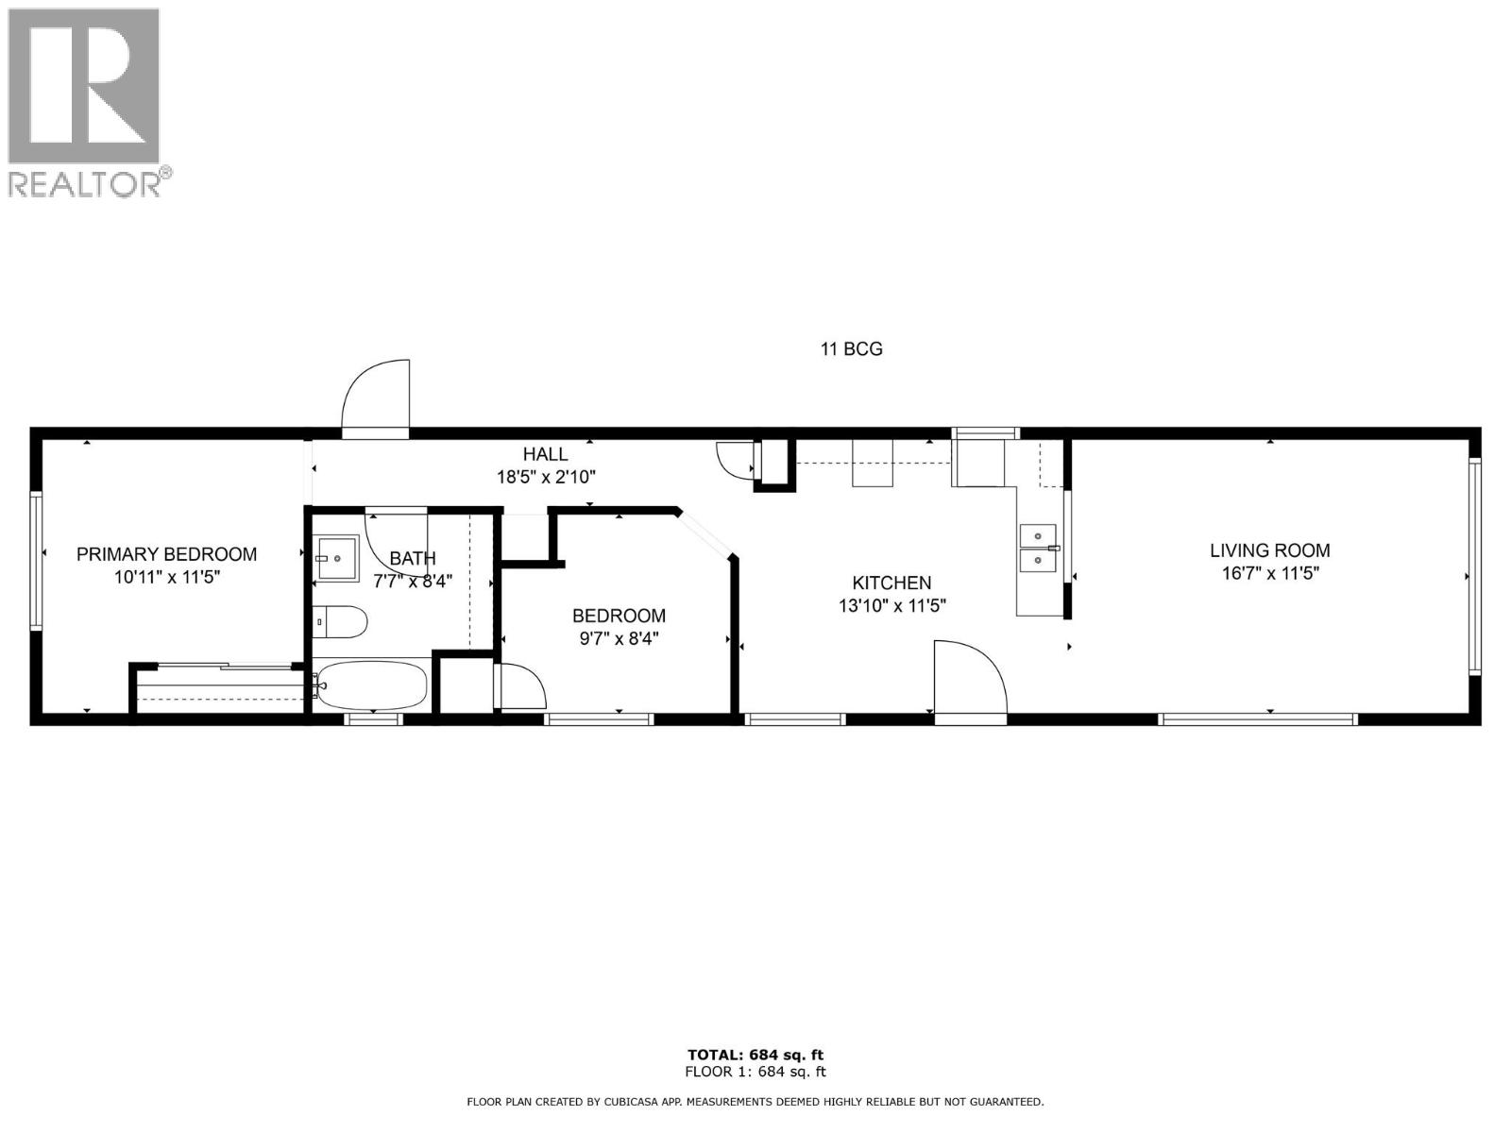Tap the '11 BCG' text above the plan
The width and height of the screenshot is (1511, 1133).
[x=851, y=349]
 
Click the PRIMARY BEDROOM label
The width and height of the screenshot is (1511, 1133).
[x=166, y=555]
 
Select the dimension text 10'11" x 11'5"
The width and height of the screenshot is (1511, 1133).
[x=166, y=577]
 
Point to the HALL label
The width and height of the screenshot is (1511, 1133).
[x=545, y=455]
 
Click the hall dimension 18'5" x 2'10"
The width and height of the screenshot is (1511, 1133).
[x=546, y=477]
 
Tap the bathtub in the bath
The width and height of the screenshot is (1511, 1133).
[x=371, y=685]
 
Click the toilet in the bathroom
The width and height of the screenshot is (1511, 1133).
[x=340, y=621]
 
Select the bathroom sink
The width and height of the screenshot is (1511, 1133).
[x=336, y=558]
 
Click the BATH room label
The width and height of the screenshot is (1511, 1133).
[x=413, y=559]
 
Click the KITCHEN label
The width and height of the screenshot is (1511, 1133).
[x=891, y=583]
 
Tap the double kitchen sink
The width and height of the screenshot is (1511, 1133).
[x=1037, y=549]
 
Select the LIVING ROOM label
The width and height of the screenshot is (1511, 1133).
[x=1269, y=550]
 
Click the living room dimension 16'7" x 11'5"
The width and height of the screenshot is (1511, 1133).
[x=1269, y=573]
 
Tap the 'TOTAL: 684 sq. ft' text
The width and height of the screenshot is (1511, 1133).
[x=755, y=1055]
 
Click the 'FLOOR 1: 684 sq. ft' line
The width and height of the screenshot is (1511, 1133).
[x=755, y=1072]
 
